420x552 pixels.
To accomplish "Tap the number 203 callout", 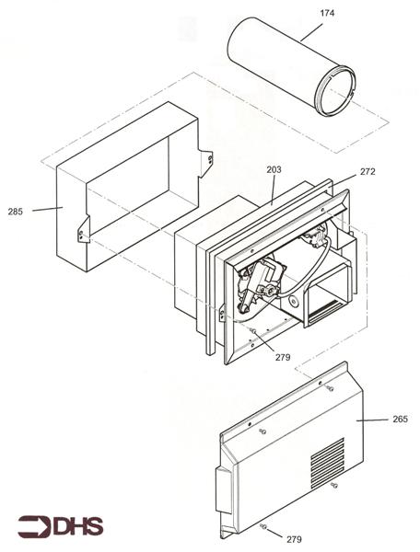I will tap(274, 169).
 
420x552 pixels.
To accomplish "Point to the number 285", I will tap(16, 212).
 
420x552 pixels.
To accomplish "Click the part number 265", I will tap(400, 420).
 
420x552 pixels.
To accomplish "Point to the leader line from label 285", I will tap(44, 210).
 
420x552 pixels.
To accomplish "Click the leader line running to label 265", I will tap(373, 420).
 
